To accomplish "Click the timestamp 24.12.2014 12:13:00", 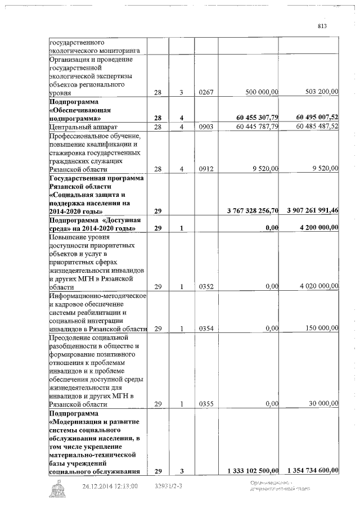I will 110,486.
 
